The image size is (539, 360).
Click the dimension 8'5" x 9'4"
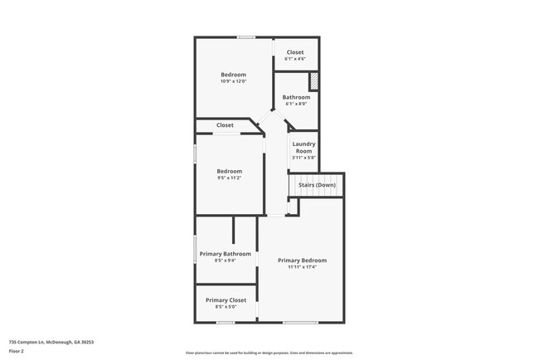225,261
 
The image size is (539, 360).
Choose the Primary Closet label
226,299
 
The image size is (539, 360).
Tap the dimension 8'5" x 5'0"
226,307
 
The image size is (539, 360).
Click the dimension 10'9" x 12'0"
233,81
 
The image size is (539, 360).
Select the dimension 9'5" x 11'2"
229,178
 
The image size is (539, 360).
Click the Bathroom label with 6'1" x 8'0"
296,97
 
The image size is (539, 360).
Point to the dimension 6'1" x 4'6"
295,59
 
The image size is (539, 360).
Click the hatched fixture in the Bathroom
313,81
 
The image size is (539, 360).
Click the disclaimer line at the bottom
269,352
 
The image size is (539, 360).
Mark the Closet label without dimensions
225,125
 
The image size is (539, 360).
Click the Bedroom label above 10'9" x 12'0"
233,75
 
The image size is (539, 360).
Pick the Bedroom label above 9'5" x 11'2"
229,171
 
